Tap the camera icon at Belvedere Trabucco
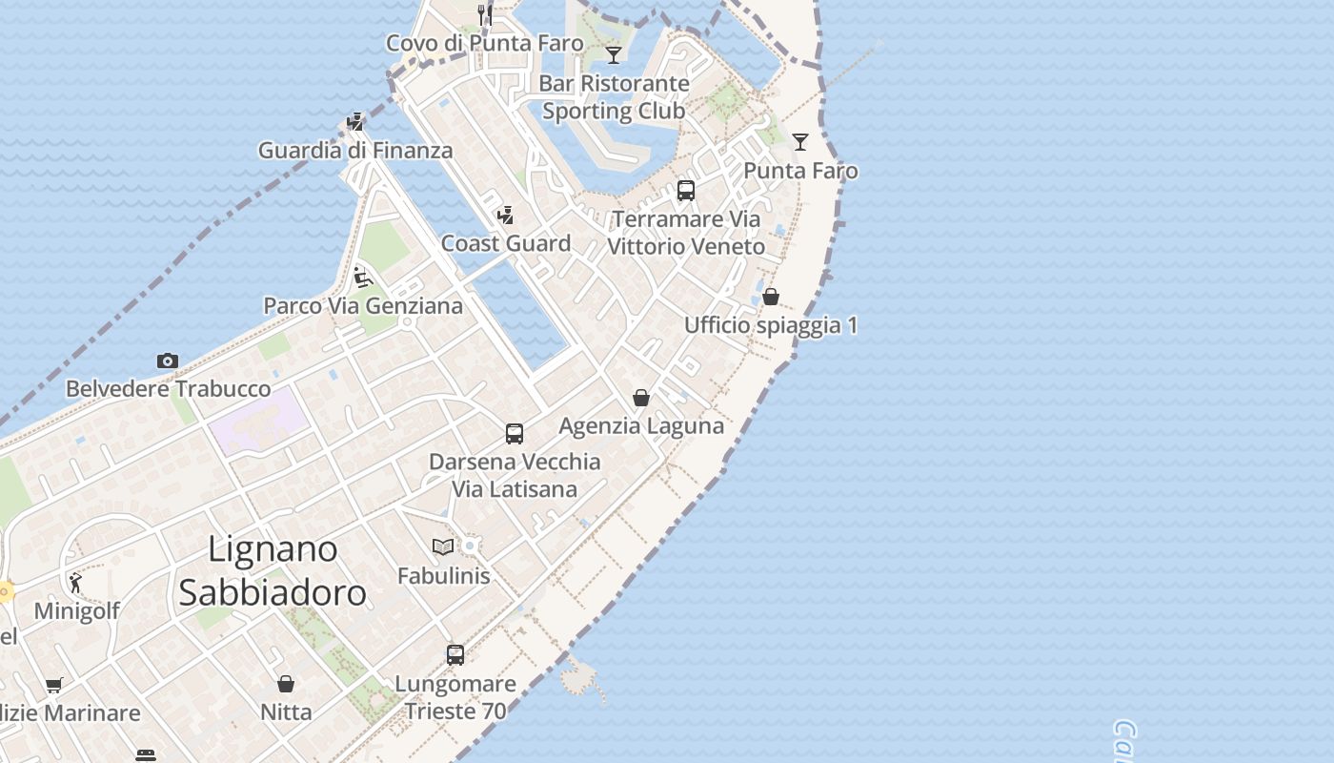coord(168,361)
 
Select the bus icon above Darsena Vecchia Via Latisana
coord(515,434)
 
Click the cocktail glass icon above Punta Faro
coord(800,142)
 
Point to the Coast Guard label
coord(506,243)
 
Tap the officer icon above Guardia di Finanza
coord(355,122)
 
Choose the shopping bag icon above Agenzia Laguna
coord(641,398)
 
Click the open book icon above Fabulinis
coord(443,546)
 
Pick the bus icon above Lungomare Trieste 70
coord(455,655)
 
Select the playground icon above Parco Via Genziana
coord(362,278)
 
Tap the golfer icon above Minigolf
coord(75,582)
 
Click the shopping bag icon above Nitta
coord(286,684)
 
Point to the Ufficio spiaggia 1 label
coord(771,325)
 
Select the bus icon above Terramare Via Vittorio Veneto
coord(686,191)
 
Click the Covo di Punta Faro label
coord(484,43)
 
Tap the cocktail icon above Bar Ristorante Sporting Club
coord(614,54)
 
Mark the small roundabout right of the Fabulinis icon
coord(469,546)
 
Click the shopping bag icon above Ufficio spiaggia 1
coord(771,297)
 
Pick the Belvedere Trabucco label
coord(168,389)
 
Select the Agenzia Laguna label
coord(641,425)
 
